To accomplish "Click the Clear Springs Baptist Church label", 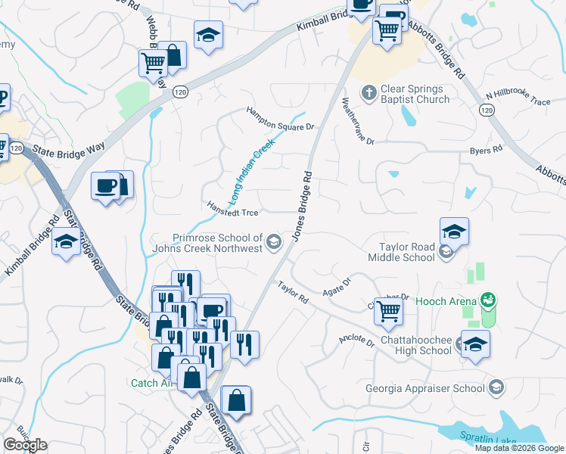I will click(415, 94).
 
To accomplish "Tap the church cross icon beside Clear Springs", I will click(369, 92).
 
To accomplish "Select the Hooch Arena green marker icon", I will click(489, 300).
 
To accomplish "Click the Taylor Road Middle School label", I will click(408, 252).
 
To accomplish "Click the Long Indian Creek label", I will click(252, 169).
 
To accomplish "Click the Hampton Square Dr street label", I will click(279, 119).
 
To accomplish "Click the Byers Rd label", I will click(486, 151).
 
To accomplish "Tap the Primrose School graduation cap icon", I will click(274, 243).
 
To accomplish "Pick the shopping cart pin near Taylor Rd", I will click(388, 310).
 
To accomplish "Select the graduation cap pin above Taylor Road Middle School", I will click(454, 232).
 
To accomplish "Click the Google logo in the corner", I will click(26, 445).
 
